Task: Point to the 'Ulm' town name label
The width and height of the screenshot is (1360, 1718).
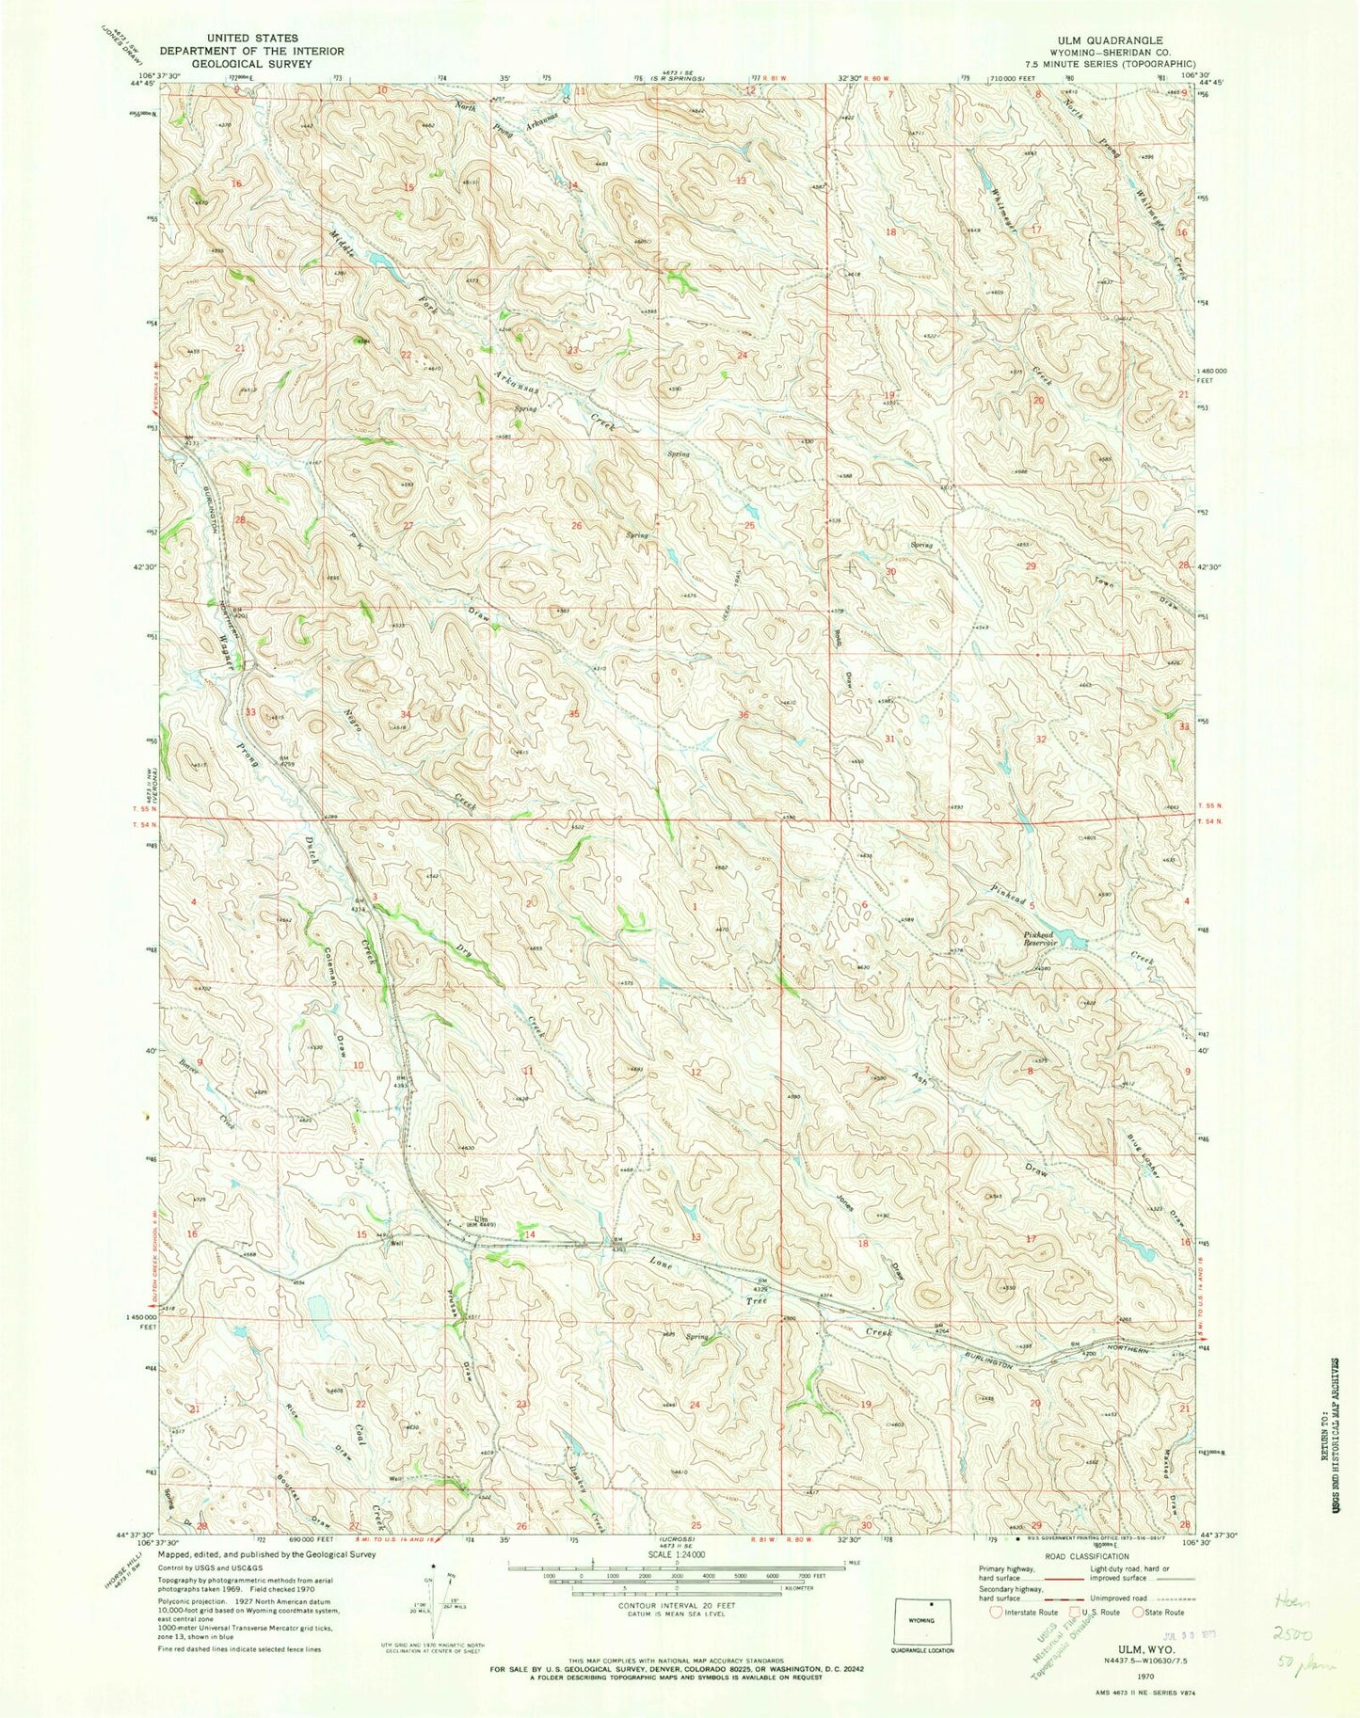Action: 480,1220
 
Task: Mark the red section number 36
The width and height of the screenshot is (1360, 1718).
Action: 744,716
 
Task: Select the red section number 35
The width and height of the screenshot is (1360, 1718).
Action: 574,715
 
